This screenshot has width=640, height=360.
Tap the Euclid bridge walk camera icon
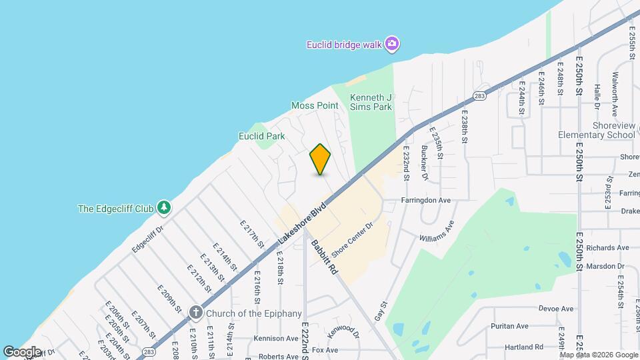pyautogui.click(x=393, y=45)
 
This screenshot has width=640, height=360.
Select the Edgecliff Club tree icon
pyautogui.click(x=164, y=208)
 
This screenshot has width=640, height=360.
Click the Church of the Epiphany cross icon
pyautogui.click(x=195, y=312)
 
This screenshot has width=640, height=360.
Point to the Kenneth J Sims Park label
pyautogui.click(x=371, y=101)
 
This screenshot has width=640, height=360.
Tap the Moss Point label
pyautogui.click(x=315, y=105)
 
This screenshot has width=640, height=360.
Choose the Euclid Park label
pyautogui.click(x=262, y=136)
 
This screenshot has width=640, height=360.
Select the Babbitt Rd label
pyautogui.click(x=324, y=257)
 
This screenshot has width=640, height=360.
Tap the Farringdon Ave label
pyautogui.click(x=426, y=200)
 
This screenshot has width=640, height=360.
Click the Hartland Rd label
pyautogui.click(x=523, y=347)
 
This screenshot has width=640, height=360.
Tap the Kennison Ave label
pyautogui.click(x=275, y=338)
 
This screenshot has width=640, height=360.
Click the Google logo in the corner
pyautogui.click(x=22, y=351)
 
